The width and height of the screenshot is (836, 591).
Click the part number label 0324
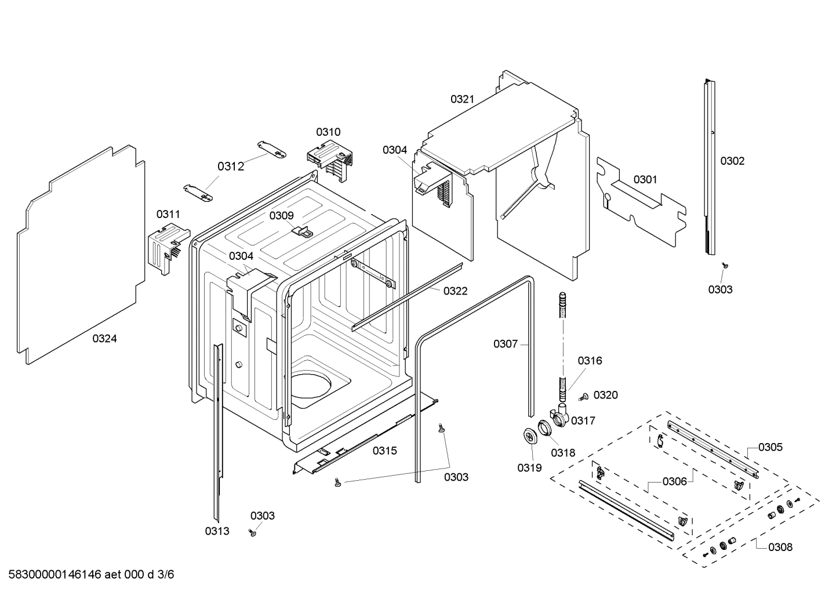(x=104, y=339)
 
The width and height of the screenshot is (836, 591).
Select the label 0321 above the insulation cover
(x=462, y=99)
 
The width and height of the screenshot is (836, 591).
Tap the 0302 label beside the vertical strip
(x=732, y=161)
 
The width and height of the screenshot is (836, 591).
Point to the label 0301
(x=645, y=180)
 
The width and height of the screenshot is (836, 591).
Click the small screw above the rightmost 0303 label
(x=725, y=265)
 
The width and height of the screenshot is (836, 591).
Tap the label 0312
(x=231, y=167)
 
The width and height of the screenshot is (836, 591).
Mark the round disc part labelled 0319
(x=529, y=436)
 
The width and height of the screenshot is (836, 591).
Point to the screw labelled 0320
(x=584, y=397)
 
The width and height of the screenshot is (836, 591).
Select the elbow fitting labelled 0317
(x=560, y=416)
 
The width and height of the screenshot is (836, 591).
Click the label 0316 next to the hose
(x=590, y=361)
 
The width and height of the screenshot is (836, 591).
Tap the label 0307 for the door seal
(x=506, y=345)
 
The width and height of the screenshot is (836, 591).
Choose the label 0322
(x=455, y=291)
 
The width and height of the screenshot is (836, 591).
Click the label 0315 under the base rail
(x=384, y=451)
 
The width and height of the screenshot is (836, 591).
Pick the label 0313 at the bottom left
(x=217, y=531)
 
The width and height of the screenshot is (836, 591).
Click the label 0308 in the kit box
(x=780, y=547)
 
